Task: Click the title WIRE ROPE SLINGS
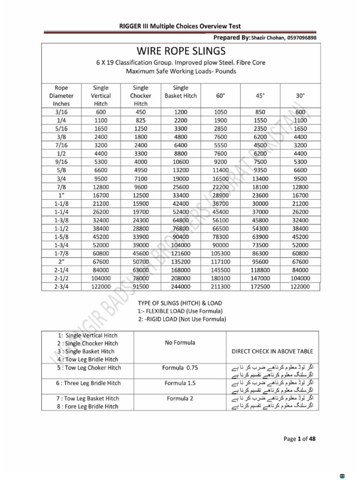(x=180, y=51)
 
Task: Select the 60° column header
(x=220, y=96)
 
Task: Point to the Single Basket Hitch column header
(x=180, y=91)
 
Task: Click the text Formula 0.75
(x=180, y=368)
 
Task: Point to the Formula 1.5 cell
(x=180, y=383)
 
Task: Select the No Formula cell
(x=180, y=343)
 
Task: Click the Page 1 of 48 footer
(x=300, y=439)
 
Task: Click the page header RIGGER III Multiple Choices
(x=180, y=27)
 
